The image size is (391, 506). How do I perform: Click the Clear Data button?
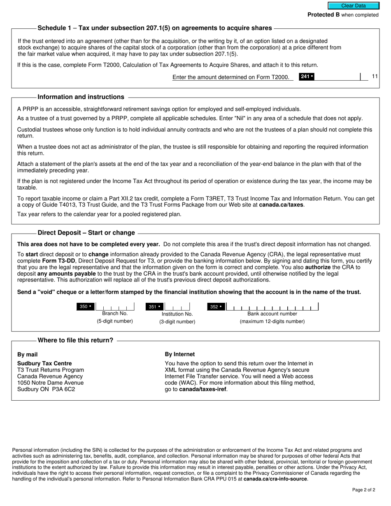coord(353,6)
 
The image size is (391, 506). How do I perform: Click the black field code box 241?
coord(307,77)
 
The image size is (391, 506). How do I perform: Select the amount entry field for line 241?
coord(337,77)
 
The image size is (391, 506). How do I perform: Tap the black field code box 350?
coord(86,306)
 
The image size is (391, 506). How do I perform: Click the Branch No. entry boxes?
coord(115,307)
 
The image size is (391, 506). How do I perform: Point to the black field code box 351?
coord(155,306)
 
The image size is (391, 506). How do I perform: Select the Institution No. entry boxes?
coord(177,307)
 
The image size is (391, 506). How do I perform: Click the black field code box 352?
coord(216,306)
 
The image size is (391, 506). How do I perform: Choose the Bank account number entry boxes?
coord(272,307)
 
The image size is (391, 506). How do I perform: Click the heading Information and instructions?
coord(81,97)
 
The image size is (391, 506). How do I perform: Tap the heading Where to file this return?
coord(75,340)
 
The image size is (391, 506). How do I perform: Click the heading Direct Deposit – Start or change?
coord(86,233)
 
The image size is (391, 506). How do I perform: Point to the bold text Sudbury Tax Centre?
coord(44,363)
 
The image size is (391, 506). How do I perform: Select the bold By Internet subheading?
coord(180,354)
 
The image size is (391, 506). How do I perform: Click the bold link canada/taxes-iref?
coord(202,389)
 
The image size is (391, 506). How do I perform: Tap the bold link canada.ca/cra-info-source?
coord(275,479)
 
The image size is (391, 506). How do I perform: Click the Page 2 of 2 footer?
coord(363,490)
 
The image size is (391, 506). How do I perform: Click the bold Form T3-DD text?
coord(57,261)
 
